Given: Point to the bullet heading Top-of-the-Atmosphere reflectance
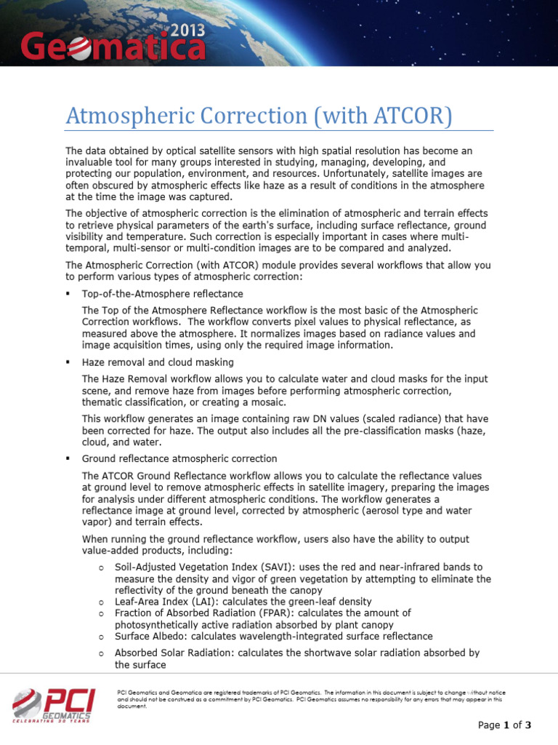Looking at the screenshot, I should pos(162,293).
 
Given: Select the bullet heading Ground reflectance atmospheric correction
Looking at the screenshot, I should pos(179,458).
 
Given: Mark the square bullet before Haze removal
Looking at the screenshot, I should pos(68,362).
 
